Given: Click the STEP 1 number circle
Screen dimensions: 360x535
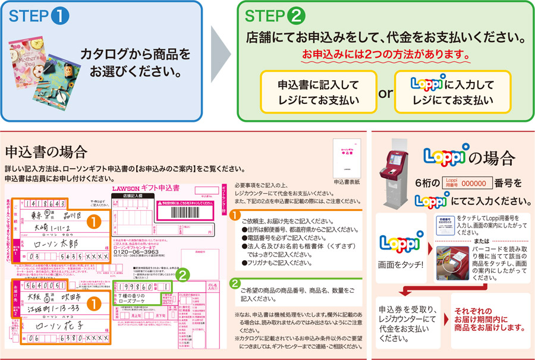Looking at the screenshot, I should (x=61, y=17).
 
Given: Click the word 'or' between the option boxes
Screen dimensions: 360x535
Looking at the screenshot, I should (x=386, y=93).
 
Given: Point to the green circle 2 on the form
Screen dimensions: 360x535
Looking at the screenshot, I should (x=184, y=275).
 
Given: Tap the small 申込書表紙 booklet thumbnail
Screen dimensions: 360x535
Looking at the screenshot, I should (x=345, y=157).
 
